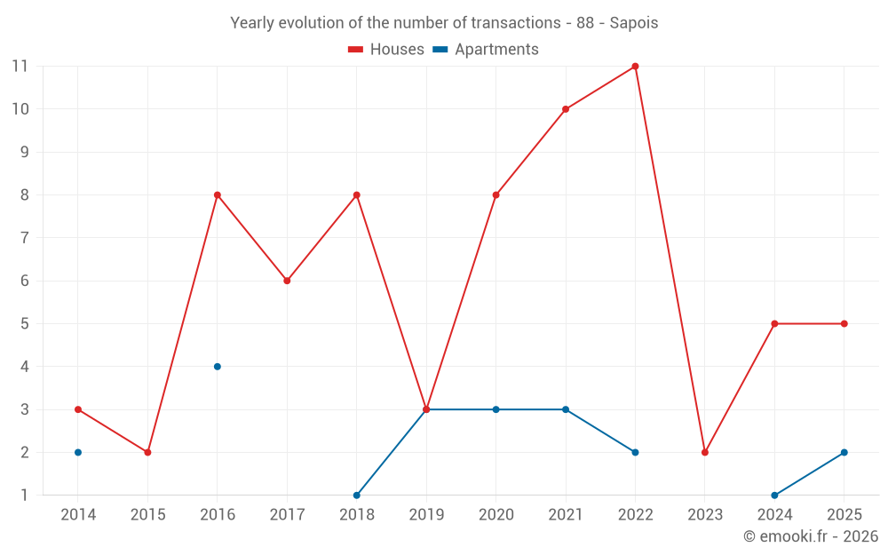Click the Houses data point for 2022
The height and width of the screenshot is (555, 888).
(635, 67)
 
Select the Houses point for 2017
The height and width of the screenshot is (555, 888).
(287, 281)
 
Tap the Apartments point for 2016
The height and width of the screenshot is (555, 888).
(218, 367)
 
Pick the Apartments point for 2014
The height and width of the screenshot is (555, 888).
(78, 453)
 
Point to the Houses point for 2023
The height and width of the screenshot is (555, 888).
(704, 453)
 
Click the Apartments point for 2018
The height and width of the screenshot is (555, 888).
(357, 495)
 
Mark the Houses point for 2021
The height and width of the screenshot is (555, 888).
(565, 109)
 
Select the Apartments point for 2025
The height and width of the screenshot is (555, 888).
(844, 453)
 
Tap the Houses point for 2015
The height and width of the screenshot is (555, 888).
(147, 453)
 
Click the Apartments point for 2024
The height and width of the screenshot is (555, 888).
(774, 495)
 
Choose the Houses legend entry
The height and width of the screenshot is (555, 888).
(386, 49)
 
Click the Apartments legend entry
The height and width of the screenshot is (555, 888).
(486, 49)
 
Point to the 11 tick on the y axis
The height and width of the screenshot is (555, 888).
(20, 67)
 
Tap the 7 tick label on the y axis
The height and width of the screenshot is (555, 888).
(24, 238)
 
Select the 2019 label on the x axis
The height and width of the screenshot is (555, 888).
(426, 514)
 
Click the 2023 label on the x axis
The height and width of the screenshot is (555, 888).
(704, 514)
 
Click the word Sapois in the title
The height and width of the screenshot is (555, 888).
(634, 23)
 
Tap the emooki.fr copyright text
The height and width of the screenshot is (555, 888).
(811, 535)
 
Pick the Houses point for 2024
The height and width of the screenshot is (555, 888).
(774, 324)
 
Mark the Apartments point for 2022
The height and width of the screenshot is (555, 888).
(635, 453)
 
